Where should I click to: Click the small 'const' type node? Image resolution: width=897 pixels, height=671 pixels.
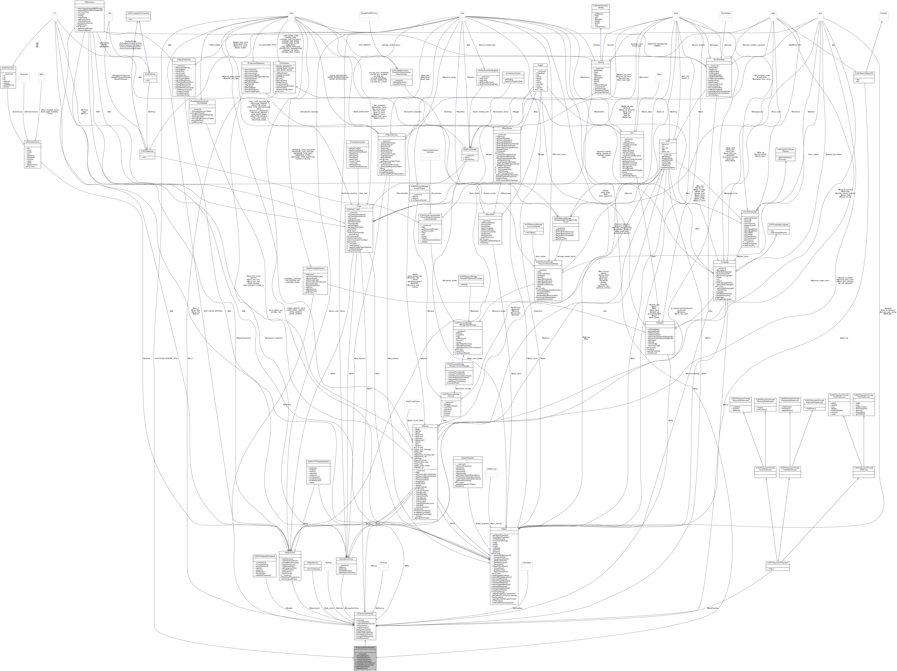click(291, 13)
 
